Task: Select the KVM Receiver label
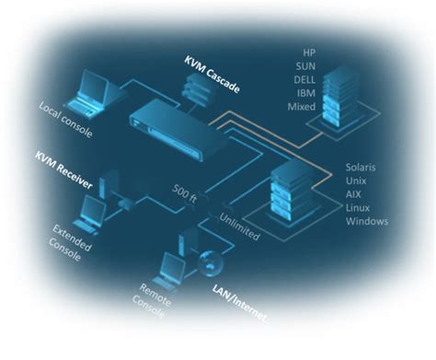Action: pyautogui.click(x=64, y=169)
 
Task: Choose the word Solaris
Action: pyautogui.click(x=362, y=167)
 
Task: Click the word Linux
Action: pyautogui.click(x=359, y=207)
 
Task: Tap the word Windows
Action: pyautogui.click(x=366, y=221)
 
